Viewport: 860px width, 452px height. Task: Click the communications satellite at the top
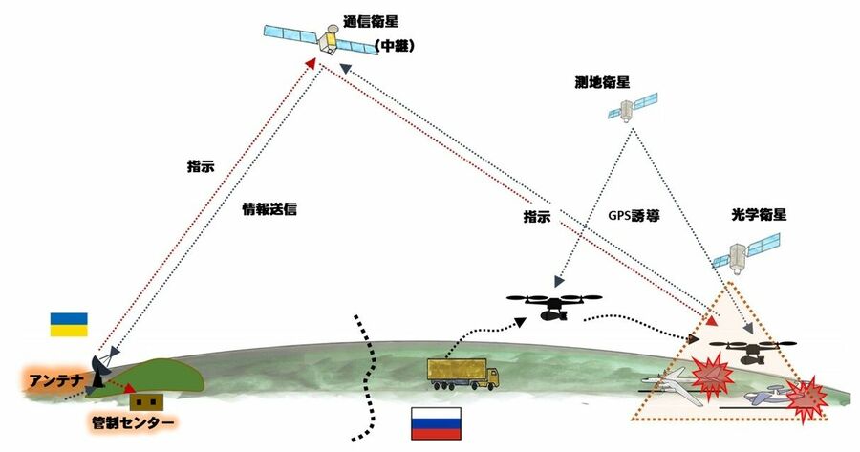(324, 38)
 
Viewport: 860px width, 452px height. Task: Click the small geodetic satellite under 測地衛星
(633, 108)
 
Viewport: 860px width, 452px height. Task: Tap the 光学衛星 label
(743, 218)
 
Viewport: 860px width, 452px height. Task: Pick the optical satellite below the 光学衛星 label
(744, 253)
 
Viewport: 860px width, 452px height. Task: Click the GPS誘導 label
(637, 216)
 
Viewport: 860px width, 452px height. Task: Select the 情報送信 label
(270, 207)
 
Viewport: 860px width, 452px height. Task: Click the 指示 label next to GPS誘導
(537, 217)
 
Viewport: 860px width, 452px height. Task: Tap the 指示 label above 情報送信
(201, 164)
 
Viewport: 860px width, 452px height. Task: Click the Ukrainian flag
(69, 323)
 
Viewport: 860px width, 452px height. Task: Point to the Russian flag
(435, 421)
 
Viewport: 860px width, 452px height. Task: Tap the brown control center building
(143, 401)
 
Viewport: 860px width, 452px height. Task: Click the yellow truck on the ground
(463, 374)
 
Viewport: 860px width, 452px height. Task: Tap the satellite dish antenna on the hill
(99, 368)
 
